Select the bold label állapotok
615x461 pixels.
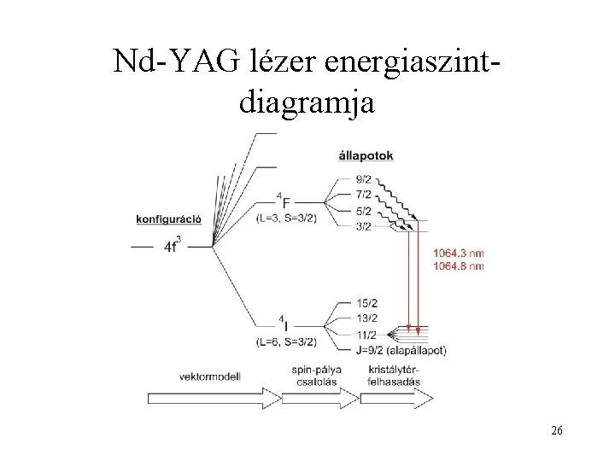[366, 155]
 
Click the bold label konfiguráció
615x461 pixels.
[168, 218]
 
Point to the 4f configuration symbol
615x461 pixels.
[171, 247]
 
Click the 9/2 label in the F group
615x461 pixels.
[364, 180]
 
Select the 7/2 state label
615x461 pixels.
[364, 195]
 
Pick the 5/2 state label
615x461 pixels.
[364, 210]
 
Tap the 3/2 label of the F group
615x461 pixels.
[364, 225]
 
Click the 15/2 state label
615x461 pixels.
[367, 303]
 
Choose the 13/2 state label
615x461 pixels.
[367, 318]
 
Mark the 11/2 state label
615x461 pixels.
[367, 334]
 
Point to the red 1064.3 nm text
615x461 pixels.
[459, 253]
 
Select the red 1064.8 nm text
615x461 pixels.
[459, 266]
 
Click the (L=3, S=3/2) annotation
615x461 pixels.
[286, 219]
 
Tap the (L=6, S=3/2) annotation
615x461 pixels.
[286, 342]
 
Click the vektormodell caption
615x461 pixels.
[210, 375]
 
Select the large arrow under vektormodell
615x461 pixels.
[213, 397]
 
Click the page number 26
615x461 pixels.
[556, 431]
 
